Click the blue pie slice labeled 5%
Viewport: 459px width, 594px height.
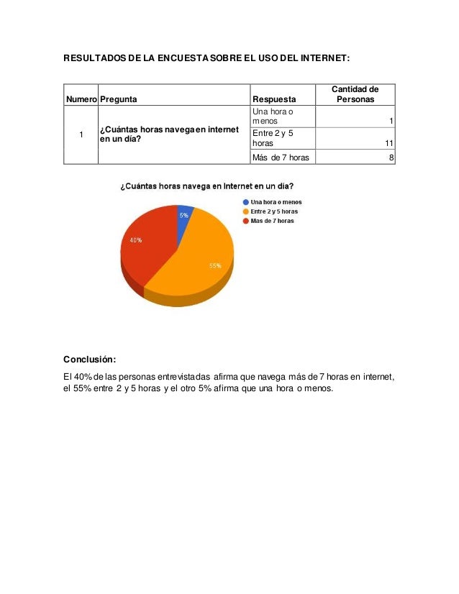pos(184,215)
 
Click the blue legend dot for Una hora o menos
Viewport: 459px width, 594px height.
pos(246,202)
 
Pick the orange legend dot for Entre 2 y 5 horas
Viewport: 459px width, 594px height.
pos(246,211)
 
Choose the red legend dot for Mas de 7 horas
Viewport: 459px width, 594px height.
pos(246,221)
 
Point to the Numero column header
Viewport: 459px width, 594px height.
pos(81,99)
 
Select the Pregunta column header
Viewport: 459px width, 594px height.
pos(119,99)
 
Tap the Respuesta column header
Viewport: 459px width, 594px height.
pos(273,99)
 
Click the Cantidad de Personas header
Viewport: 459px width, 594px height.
pos(355,94)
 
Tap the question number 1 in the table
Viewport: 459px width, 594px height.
pos(81,134)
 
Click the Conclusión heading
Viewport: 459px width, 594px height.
pos(89,359)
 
